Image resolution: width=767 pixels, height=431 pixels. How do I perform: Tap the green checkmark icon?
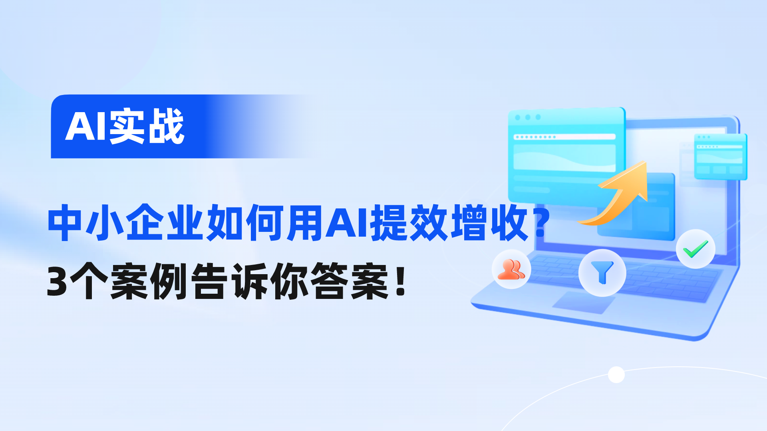pyautogui.click(x=695, y=249)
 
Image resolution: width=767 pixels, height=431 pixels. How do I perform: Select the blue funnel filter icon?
pyautogui.click(x=602, y=273)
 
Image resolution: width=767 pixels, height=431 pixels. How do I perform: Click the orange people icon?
pyautogui.click(x=511, y=269)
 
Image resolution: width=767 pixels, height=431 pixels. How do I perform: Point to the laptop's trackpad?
pyautogui.click(x=584, y=302)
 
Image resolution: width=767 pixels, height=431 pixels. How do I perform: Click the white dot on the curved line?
pyautogui.click(x=616, y=375)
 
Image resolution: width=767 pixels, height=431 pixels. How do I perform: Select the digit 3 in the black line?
pyautogui.click(x=57, y=282)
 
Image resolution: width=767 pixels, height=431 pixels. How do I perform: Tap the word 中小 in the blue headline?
pyautogui.click(x=86, y=223)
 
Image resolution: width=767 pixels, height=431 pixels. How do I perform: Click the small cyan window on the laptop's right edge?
pyautogui.click(x=720, y=156)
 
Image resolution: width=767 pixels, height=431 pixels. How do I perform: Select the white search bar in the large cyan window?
pyautogui.click(x=564, y=137)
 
